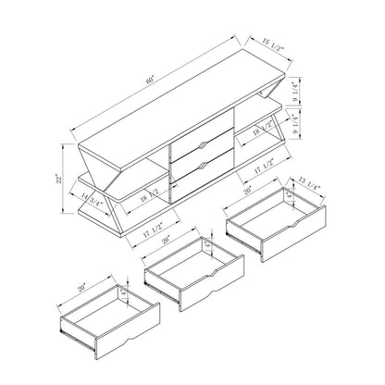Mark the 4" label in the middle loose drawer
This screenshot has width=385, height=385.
tap(212, 250)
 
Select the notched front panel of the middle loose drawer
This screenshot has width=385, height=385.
tap(208, 294)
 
